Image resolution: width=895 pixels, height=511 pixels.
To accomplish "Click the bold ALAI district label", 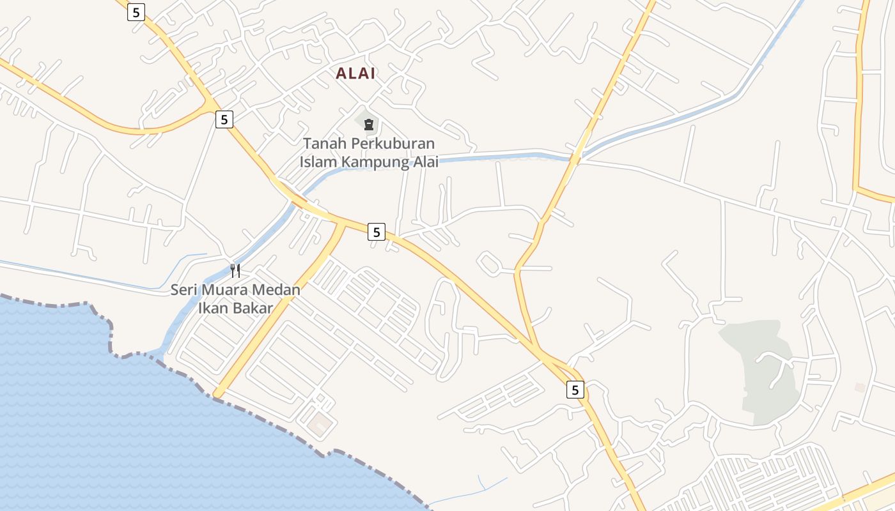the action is point(355,73).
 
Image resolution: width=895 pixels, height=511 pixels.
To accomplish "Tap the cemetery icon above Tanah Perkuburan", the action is point(368,124).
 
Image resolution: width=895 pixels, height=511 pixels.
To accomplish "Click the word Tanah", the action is point(323,144).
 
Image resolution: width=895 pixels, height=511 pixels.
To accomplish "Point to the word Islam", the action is point(318,162).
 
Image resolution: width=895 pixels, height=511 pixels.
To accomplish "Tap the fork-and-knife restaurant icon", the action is point(235,271).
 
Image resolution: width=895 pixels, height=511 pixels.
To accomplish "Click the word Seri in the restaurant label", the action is point(184,290).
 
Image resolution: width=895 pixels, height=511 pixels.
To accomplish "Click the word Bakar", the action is point(251,309).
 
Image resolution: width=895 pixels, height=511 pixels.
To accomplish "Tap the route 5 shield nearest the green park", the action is point(575,390).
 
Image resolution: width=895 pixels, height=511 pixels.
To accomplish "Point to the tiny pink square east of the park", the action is point(860,387).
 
